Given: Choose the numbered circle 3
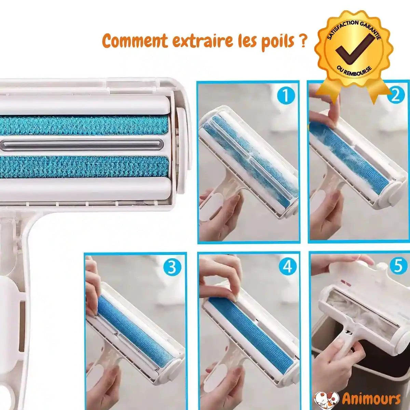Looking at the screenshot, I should [173, 268].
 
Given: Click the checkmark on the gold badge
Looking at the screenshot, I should [354, 51].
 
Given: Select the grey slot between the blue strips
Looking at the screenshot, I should [85, 144].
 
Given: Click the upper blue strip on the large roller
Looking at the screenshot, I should [85, 125].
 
